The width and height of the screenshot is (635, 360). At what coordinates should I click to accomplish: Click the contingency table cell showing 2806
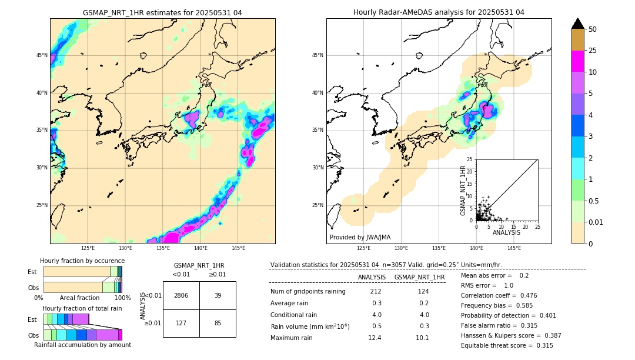tap(181, 295)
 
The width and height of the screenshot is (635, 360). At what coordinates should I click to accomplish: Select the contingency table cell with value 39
tap(218, 295)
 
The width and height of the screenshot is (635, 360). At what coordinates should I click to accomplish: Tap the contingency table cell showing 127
tap(181, 322)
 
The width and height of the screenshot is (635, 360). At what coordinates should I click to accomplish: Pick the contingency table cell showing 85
tap(218, 322)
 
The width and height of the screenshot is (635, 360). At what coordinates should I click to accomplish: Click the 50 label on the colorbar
tap(593, 29)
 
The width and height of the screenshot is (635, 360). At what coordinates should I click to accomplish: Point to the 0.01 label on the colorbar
tap(595, 222)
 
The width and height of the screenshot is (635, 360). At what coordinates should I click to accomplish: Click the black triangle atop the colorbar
tap(578, 24)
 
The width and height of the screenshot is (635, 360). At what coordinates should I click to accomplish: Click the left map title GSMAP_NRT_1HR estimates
tap(162, 12)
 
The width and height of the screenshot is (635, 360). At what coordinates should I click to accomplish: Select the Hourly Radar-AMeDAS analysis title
tap(439, 12)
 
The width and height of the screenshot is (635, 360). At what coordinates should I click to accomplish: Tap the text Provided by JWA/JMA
tap(360, 237)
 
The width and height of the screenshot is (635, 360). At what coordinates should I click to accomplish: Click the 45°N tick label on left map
tap(42, 55)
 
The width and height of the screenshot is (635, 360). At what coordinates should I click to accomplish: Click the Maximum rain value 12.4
tap(375, 338)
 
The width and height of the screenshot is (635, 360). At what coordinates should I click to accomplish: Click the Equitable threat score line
tap(507, 345)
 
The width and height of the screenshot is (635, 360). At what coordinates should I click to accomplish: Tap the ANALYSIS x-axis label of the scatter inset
tap(507, 233)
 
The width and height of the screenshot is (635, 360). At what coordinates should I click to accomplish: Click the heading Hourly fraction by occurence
tap(82, 261)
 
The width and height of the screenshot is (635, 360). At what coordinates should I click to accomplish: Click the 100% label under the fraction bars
tap(122, 298)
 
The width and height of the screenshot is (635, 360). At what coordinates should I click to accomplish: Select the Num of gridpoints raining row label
tap(308, 292)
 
